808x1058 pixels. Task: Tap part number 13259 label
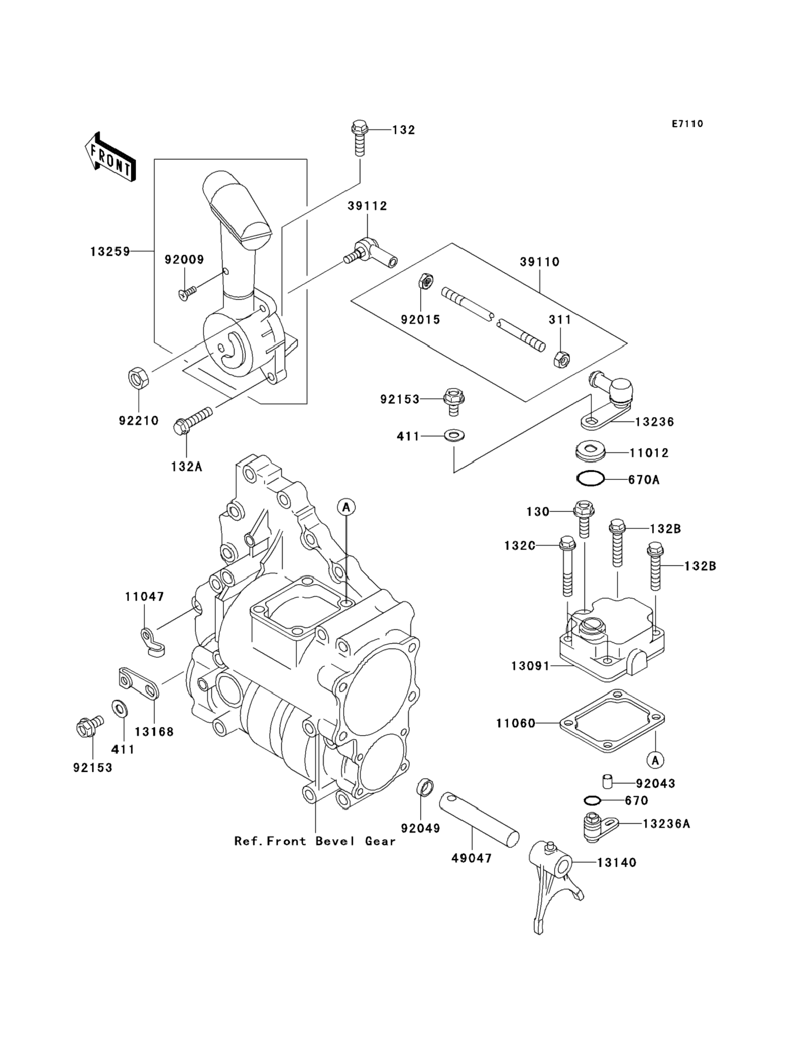[110, 252]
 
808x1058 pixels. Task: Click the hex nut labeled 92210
[139, 378]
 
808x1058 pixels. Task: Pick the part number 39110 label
[540, 262]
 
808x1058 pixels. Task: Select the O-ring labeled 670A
[591, 478]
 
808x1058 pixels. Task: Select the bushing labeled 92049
[424, 788]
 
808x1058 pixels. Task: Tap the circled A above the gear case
[346, 507]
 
